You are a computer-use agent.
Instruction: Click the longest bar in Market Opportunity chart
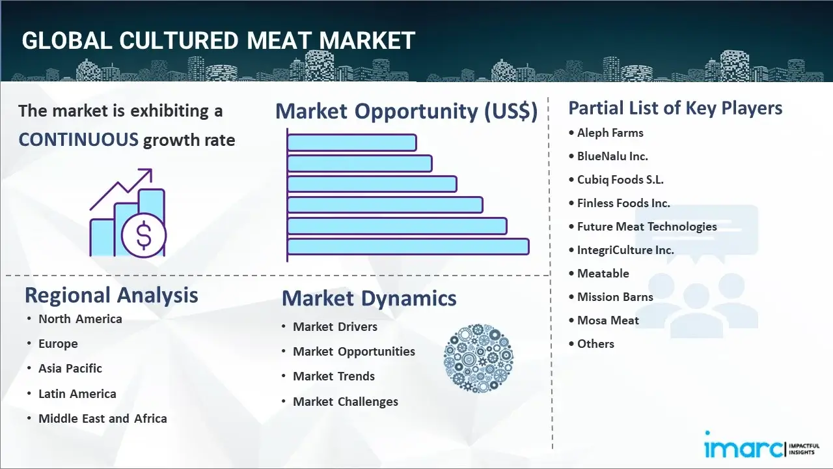(x=407, y=247)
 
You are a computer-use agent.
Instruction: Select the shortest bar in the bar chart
(x=351, y=142)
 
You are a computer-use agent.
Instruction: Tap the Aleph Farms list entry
(x=610, y=133)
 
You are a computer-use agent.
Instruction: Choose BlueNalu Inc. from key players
(x=612, y=156)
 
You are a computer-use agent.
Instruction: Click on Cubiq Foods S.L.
(x=620, y=180)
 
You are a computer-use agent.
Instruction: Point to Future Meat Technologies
(x=647, y=227)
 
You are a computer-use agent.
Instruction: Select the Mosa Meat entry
(x=608, y=320)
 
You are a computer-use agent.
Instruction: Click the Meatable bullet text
(x=603, y=274)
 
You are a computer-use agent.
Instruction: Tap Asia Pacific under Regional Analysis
(x=70, y=369)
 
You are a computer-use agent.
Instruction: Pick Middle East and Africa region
(x=103, y=419)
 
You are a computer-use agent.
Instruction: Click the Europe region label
(x=58, y=344)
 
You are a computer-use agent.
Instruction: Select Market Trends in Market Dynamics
(x=334, y=377)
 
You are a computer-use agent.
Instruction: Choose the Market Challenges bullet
(x=346, y=402)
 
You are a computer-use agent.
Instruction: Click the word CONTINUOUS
(x=78, y=139)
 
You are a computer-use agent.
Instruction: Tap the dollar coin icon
(x=144, y=236)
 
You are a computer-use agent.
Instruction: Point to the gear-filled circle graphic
(x=478, y=359)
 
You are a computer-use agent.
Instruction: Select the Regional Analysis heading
(x=111, y=295)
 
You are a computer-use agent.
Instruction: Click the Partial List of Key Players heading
(x=675, y=108)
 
